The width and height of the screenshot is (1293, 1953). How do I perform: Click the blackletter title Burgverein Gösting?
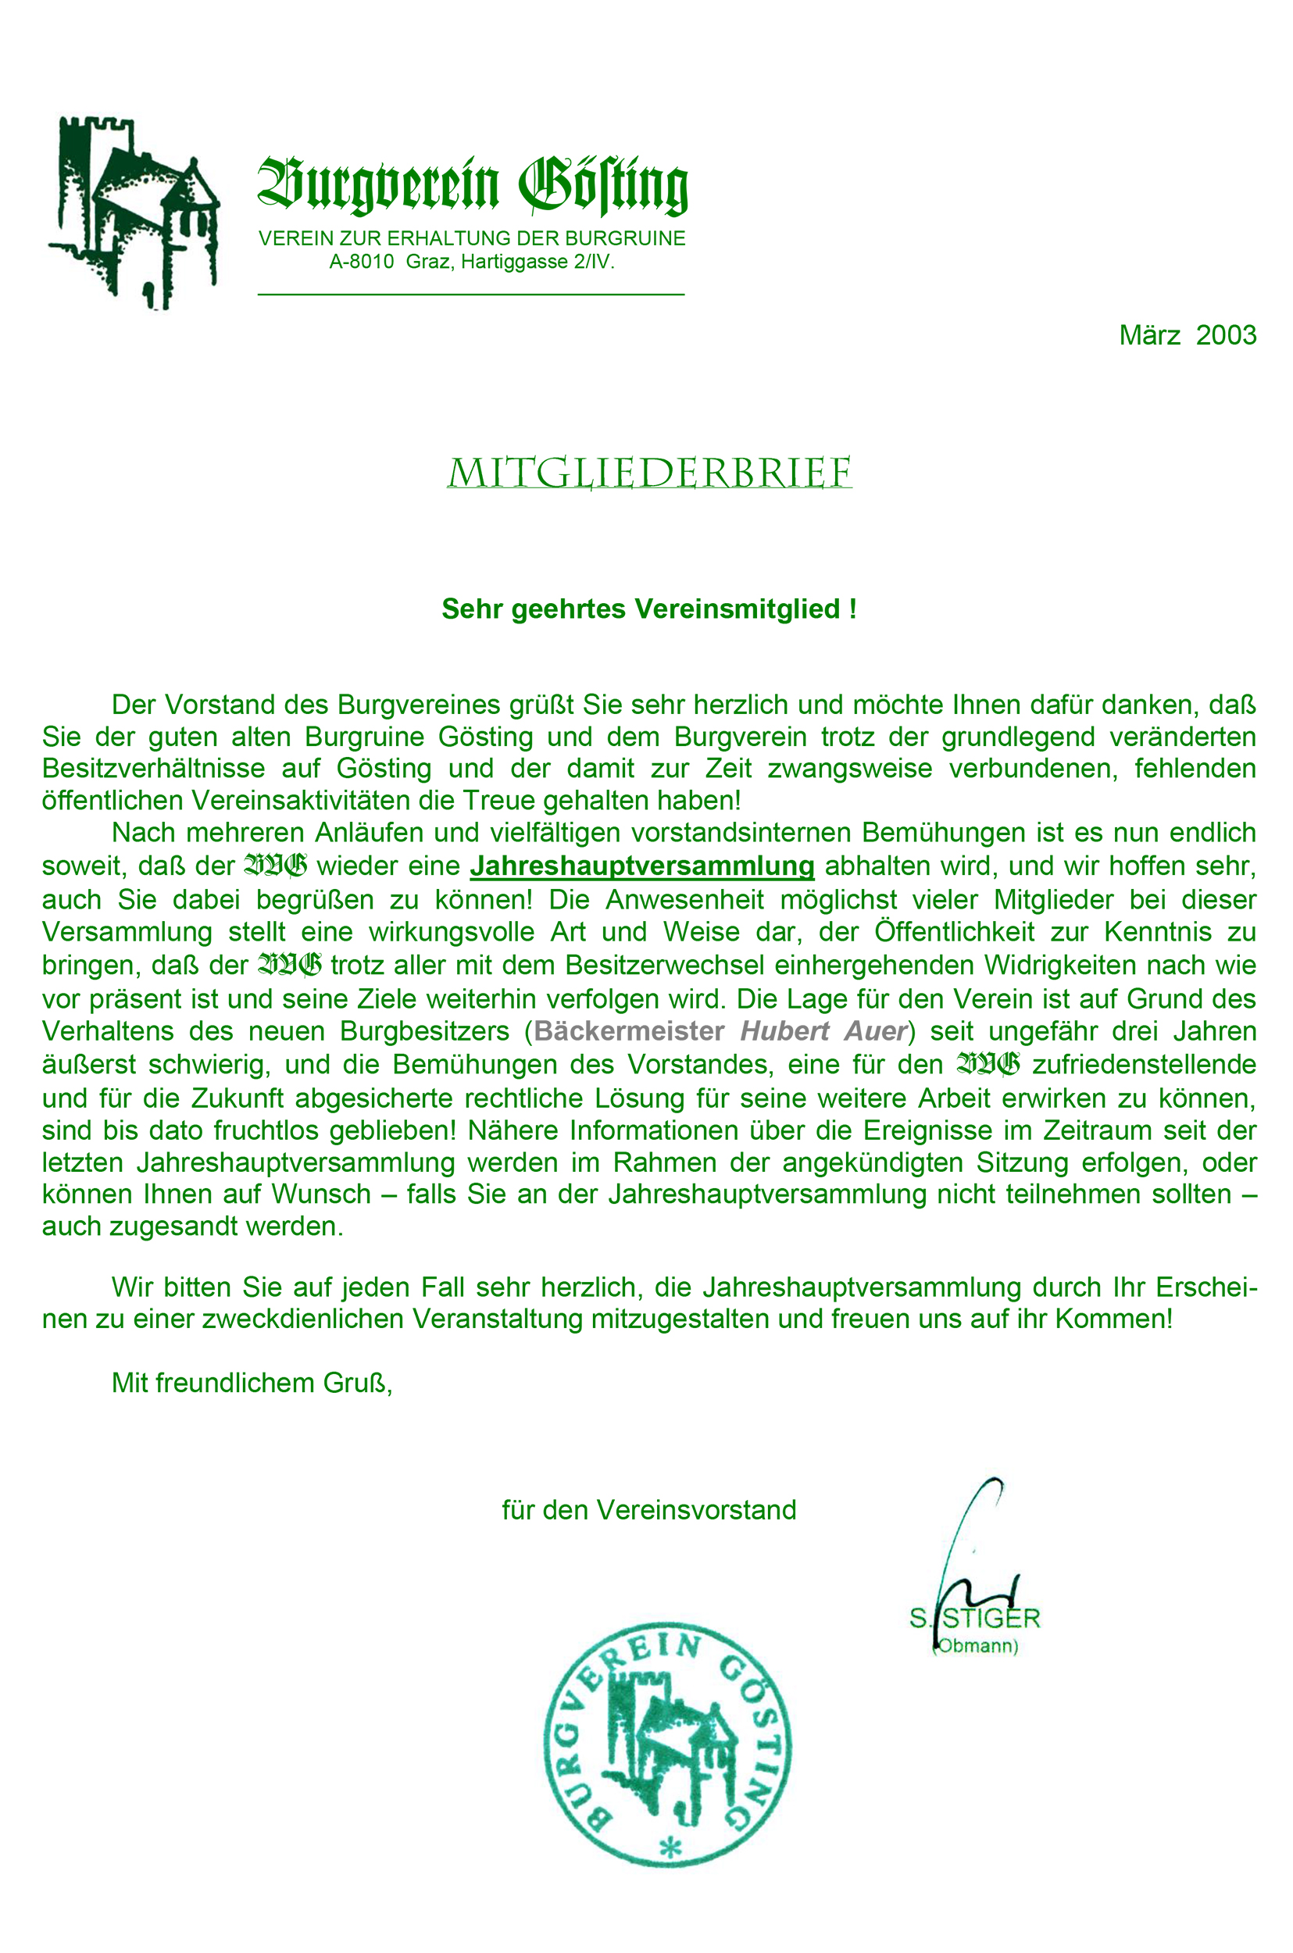pos(473,186)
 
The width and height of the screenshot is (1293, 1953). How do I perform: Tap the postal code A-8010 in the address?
pos(361,263)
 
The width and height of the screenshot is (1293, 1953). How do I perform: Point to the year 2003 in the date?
pos(1227,336)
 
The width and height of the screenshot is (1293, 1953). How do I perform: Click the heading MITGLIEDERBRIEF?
pos(649,474)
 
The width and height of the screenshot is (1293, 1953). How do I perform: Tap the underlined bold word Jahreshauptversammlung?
pos(641,866)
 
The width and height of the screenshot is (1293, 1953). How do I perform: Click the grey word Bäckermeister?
pos(629,1031)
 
